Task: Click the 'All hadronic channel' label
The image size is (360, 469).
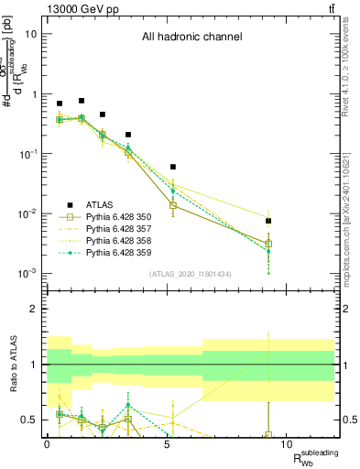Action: [191, 38]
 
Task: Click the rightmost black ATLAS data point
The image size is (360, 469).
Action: [268, 221]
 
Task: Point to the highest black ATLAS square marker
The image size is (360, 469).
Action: [82, 101]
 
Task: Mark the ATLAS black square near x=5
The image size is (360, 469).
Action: [173, 167]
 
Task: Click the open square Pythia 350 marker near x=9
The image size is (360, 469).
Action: [268, 244]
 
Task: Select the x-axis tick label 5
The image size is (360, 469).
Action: [167, 443]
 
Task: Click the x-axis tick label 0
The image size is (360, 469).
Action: [47, 443]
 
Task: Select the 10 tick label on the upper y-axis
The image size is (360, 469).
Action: [28, 34]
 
